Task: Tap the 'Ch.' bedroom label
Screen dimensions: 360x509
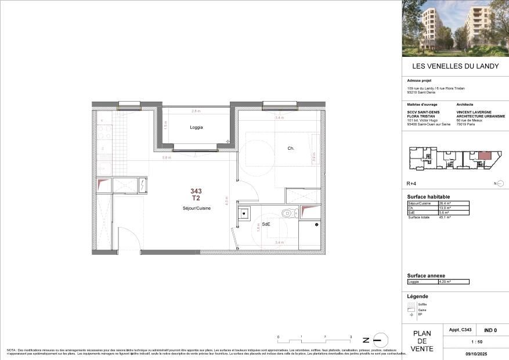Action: [x=291, y=148]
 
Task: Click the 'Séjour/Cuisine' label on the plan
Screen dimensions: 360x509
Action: [x=196, y=208]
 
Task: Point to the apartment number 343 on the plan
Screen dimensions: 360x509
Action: [x=196, y=190]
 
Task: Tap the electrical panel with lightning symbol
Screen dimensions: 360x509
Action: [x=142, y=185]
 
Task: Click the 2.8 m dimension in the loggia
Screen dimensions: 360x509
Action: [x=196, y=111]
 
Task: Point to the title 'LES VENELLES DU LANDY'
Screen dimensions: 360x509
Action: [x=455, y=66]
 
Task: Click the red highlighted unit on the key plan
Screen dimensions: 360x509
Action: [x=483, y=156]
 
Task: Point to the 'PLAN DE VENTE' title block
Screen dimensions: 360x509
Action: [x=422, y=341]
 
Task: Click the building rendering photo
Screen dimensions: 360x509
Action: [x=455, y=28]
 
